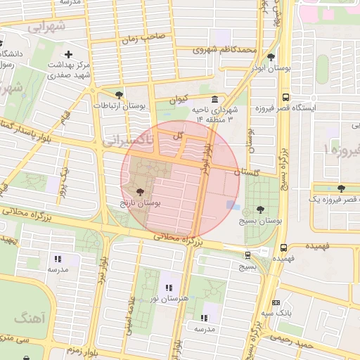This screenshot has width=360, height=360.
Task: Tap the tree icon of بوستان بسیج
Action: (x=262, y=209)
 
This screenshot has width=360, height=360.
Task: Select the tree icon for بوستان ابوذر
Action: (x=271, y=58)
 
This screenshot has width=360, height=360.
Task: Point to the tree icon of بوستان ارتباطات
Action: (x=119, y=94)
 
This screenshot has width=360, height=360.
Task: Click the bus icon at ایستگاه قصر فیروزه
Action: (x=285, y=98)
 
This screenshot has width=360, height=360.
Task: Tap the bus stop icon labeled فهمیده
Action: (x=284, y=247)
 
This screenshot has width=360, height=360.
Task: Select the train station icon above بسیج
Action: (x=247, y=255)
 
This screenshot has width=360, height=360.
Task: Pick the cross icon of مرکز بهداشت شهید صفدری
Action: (x=68, y=54)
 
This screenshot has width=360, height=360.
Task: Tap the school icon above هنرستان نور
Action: (x=168, y=287)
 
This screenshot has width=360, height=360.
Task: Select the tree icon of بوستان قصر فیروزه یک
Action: (x=341, y=188)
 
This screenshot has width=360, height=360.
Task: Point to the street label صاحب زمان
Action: (x=145, y=37)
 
